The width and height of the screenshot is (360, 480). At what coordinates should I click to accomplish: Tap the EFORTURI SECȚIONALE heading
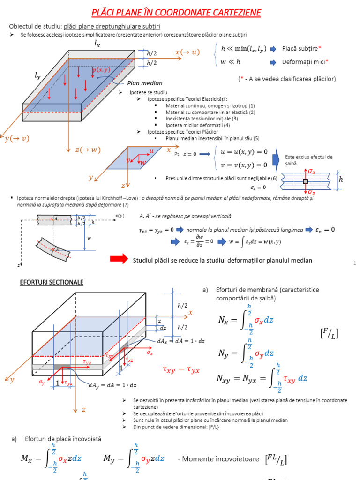pos(51,282)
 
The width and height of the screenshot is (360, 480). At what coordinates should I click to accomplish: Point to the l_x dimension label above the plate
pos(97,44)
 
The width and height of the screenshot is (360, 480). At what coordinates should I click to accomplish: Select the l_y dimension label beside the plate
pos(37,75)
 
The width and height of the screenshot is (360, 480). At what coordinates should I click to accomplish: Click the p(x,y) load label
pos(101,70)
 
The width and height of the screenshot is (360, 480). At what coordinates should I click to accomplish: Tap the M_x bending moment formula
pos(52,459)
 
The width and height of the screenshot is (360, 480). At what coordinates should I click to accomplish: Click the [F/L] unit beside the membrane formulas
pos(329,333)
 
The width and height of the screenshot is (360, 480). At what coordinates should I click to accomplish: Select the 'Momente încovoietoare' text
pos(218,459)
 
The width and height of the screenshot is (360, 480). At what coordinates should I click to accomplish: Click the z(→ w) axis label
pos(88,150)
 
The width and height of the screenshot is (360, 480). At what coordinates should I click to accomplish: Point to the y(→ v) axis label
pos(16,138)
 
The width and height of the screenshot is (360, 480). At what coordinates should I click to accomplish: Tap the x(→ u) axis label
pos(187,52)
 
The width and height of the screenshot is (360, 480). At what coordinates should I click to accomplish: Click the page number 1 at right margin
pos(355,264)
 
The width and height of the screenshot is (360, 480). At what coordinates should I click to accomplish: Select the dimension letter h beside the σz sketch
pos(341,180)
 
